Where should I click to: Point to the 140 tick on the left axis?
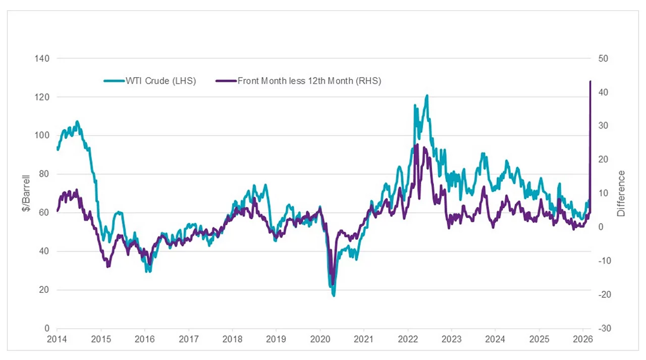tap(43, 59)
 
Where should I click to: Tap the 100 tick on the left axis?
tap(43, 135)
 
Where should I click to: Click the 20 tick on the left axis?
tap(45, 290)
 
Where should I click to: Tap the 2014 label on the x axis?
tap(57, 338)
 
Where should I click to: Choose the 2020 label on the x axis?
tap(320, 338)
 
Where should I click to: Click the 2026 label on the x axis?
tap(583, 338)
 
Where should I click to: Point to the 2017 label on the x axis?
tap(188, 338)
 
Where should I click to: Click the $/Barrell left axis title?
tap(26, 193)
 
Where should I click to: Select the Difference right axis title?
tap(621, 193)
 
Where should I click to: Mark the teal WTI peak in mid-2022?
tap(427, 95)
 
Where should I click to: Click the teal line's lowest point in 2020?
tap(334, 295)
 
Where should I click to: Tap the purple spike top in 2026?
tap(590, 81)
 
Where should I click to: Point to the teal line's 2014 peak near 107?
tap(77, 121)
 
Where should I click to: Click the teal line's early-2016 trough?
tap(148, 271)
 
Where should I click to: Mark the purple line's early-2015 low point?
tap(107, 266)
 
